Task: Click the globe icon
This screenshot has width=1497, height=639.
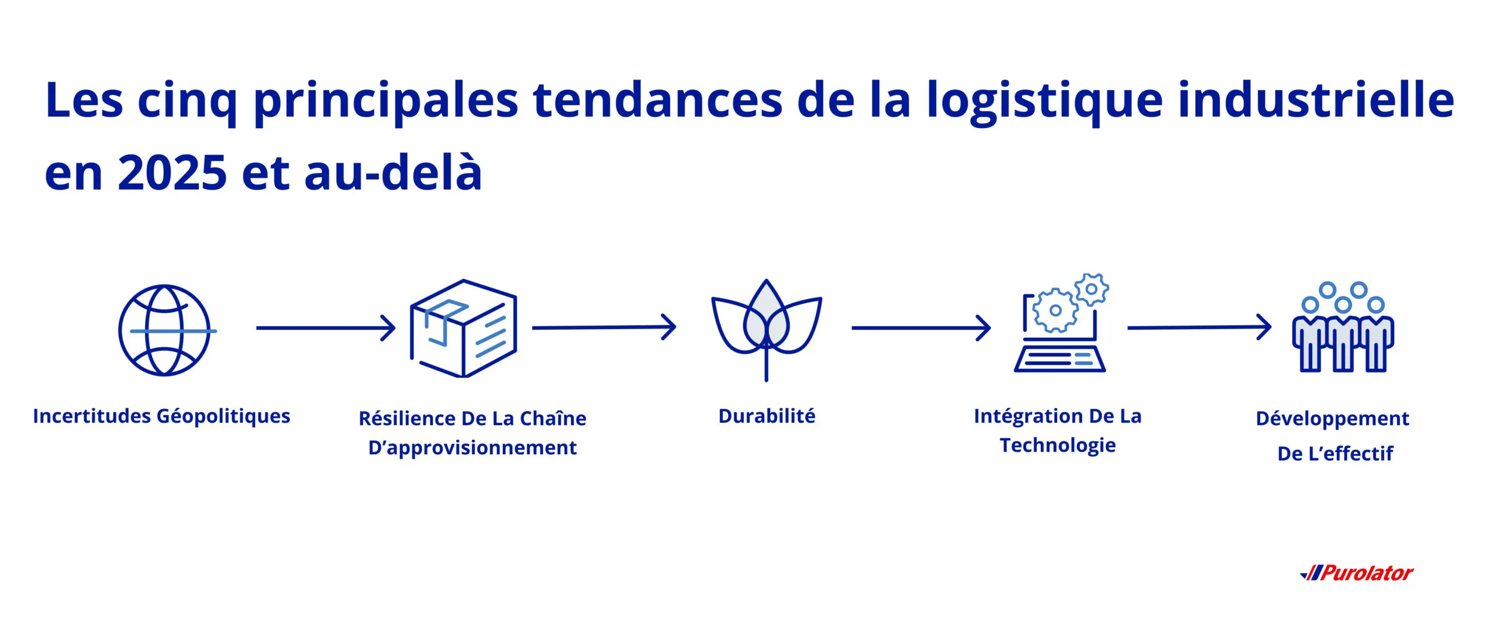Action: [165, 330]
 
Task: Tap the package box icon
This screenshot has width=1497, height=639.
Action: [463, 329]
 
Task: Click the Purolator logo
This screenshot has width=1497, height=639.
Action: [1357, 573]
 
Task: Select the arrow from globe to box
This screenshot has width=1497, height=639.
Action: [325, 328]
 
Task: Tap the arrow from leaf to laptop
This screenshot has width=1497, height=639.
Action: [920, 328]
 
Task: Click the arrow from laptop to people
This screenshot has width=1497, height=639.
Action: [1199, 327]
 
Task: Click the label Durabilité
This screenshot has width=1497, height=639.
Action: [767, 416]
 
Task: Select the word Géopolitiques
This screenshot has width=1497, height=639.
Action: [223, 416]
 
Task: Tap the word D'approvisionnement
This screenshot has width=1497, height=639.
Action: [472, 448]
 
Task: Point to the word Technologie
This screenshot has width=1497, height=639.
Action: [1057, 445]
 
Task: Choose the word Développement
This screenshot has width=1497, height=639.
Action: [1332, 419]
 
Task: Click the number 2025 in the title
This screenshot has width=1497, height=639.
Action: [172, 173]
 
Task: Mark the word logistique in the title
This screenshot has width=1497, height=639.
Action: [1044, 101]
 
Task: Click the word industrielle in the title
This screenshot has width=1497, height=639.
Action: [1316, 101]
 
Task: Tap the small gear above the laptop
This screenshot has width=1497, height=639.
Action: [1091, 289]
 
